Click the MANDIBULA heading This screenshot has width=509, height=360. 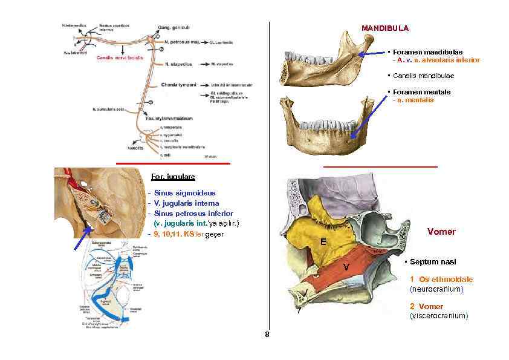point(385,28)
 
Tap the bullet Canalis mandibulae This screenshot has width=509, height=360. point(423,76)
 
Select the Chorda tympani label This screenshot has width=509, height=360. point(180,85)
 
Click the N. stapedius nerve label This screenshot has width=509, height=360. point(180,63)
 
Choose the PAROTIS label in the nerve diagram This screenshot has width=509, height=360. point(134,147)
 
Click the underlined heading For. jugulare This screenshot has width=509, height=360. point(173,177)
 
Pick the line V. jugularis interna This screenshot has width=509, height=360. point(187,203)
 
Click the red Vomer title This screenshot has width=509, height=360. point(441,232)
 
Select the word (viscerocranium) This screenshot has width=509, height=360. point(439,316)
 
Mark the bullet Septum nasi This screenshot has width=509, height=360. point(432,262)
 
